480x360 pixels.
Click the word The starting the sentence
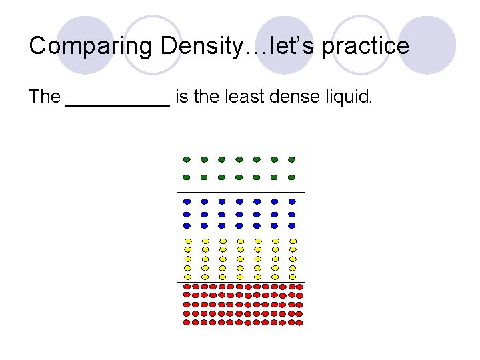[x=45, y=97]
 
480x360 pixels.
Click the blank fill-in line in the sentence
[x=118, y=103]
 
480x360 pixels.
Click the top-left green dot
[x=187, y=159]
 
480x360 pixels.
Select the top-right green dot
[x=291, y=159]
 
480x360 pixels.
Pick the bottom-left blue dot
[x=187, y=225]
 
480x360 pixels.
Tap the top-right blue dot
[x=291, y=201]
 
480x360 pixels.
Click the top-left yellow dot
[x=188, y=241]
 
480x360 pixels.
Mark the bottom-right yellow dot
[x=292, y=276]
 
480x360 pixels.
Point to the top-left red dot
[x=187, y=287]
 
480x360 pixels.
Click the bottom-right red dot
[x=299, y=322]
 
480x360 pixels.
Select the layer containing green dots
[x=240, y=169]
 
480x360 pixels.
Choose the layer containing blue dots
[x=240, y=213]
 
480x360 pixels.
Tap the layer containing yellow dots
[x=240, y=259]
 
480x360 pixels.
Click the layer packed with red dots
[x=240, y=304]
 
